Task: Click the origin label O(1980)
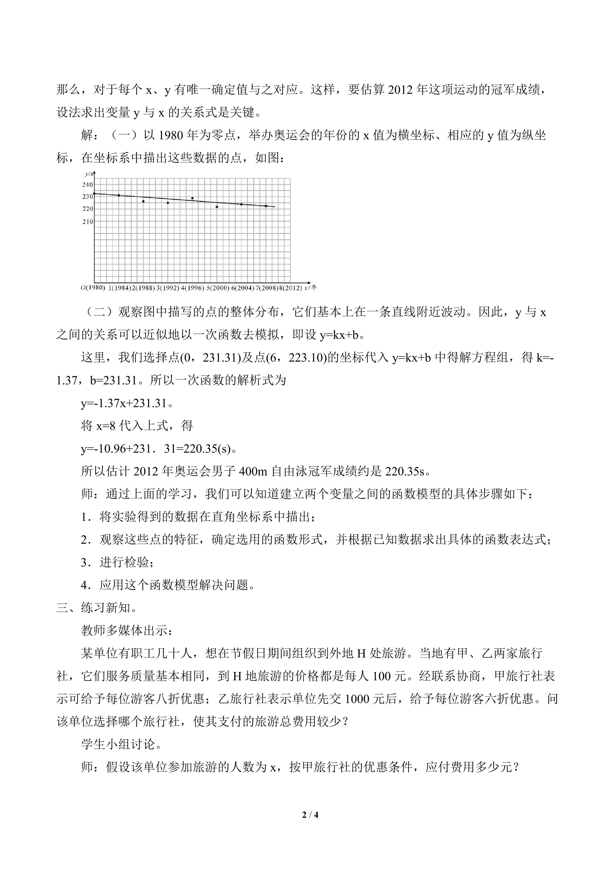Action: (93, 288)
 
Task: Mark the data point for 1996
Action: (192, 198)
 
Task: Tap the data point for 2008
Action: (266, 206)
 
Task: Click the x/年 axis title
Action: (310, 288)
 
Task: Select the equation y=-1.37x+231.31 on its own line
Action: (124, 403)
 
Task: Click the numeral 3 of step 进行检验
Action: (84, 563)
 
